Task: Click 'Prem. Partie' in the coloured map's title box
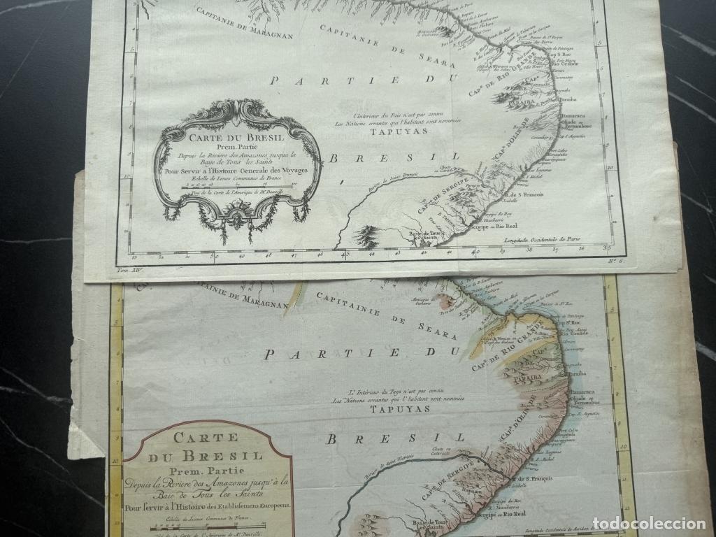[207, 473]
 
